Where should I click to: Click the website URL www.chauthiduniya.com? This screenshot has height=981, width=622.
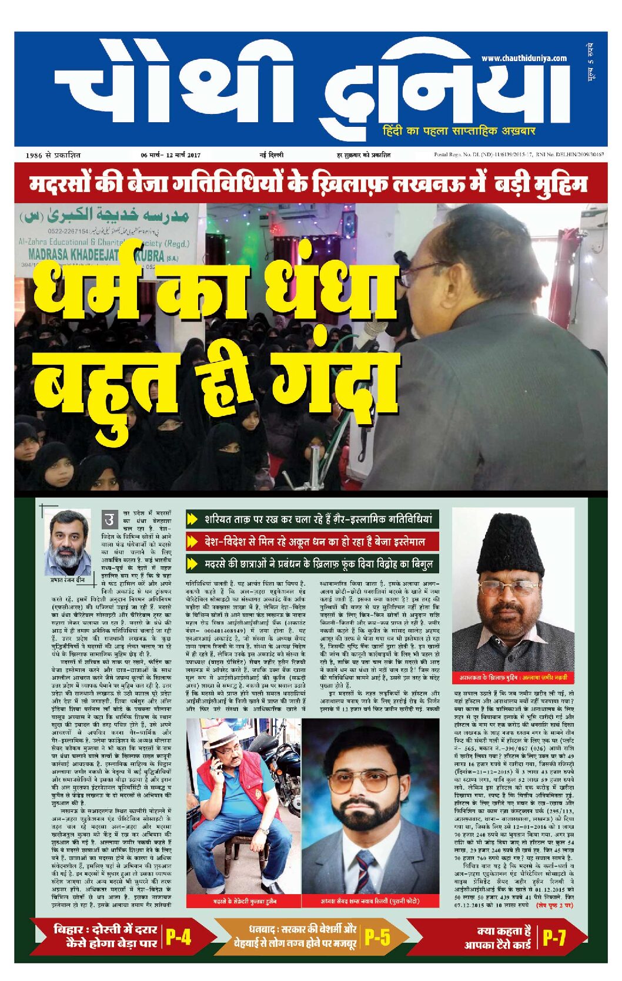click(x=523, y=58)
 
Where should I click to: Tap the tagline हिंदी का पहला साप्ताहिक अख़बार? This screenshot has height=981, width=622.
click(x=459, y=130)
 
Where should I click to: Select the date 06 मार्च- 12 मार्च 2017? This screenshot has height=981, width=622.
click(x=170, y=155)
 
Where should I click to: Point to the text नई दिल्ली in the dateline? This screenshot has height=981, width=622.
click(x=271, y=155)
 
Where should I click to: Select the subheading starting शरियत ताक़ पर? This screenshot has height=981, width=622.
click(x=317, y=519)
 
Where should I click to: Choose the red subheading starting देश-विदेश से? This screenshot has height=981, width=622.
click(x=314, y=541)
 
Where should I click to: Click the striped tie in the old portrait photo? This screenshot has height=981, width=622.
click(x=365, y=868)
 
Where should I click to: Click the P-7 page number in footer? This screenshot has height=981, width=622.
click(x=554, y=938)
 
